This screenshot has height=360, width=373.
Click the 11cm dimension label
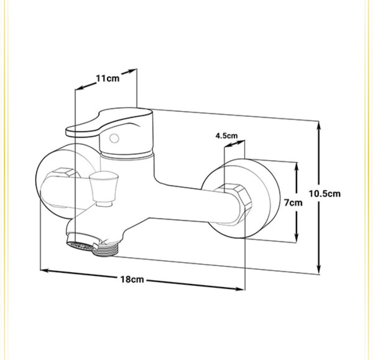(x=107, y=78)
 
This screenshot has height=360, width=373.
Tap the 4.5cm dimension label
(x=227, y=136)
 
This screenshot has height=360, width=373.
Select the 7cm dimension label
(x=293, y=203)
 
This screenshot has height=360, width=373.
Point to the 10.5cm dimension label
(x=325, y=194)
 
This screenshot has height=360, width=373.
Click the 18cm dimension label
(x=132, y=279)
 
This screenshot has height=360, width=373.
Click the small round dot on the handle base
(x=114, y=138)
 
